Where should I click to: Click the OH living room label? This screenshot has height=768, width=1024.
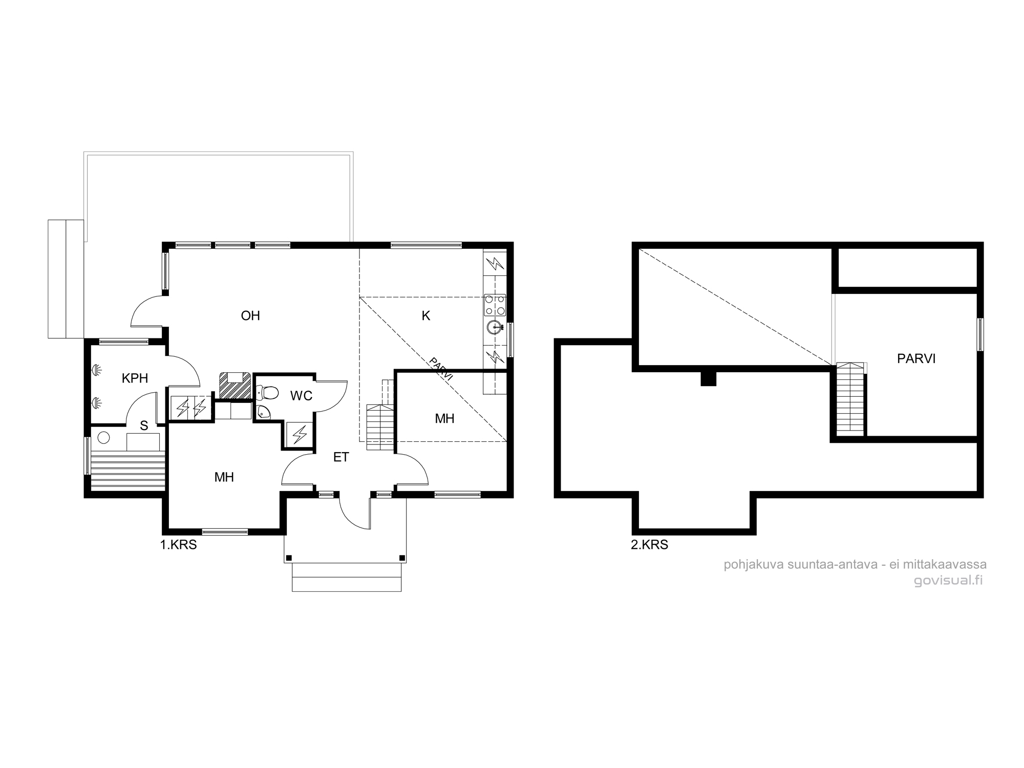click(x=250, y=315)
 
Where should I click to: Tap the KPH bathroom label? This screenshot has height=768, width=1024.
click(x=135, y=378)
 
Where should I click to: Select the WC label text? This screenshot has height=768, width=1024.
click(x=301, y=396)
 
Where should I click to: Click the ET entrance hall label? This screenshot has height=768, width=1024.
click(x=341, y=457)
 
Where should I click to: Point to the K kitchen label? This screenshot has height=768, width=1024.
click(x=426, y=316)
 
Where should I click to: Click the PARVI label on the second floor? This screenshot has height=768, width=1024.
click(x=916, y=358)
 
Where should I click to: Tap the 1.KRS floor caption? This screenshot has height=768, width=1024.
click(x=179, y=545)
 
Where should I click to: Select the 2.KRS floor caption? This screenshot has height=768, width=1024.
click(x=650, y=545)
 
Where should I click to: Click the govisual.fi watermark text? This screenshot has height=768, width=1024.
click(x=948, y=581)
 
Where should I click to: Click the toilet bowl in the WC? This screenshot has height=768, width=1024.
click(x=268, y=393)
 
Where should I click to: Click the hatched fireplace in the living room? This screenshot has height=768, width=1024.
click(x=235, y=386)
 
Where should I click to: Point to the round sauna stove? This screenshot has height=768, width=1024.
click(x=104, y=438)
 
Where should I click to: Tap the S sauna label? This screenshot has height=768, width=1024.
click(x=144, y=425)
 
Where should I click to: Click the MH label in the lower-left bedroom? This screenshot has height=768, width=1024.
click(x=224, y=477)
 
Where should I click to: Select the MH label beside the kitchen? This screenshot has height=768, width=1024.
click(x=444, y=419)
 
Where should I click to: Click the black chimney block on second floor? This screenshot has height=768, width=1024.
click(x=708, y=378)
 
